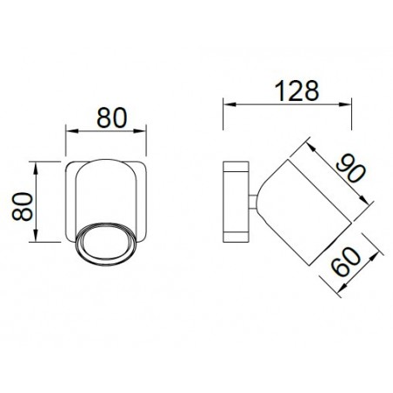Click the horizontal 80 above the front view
click(x=106, y=118)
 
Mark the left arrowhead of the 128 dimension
click(x=228, y=106)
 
